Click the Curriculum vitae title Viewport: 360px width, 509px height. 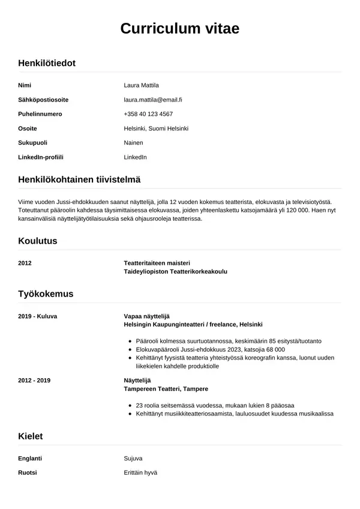click(180, 29)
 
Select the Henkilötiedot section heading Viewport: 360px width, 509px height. click(47, 62)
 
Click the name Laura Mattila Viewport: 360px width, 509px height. click(141, 85)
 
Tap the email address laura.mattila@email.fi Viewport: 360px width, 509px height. click(153, 100)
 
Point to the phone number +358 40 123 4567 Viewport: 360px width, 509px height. click(148, 114)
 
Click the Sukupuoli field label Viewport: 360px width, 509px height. click(33, 143)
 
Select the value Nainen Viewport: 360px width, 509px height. click(133, 143)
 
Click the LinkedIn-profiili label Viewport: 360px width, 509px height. click(41, 157)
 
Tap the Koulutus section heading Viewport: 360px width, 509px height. click(38, 241)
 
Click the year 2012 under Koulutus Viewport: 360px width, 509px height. click(25, 263)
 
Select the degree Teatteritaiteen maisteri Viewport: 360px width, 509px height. click(157, 263)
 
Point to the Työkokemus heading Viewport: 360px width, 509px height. click(46, 294)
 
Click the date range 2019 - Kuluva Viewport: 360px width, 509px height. click(37, 316)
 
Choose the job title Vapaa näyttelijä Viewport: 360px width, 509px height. click(147, 316)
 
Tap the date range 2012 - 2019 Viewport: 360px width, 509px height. click(35, 381)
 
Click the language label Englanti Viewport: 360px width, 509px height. click(30, 458)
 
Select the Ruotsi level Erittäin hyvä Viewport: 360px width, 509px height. click(140, 472)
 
